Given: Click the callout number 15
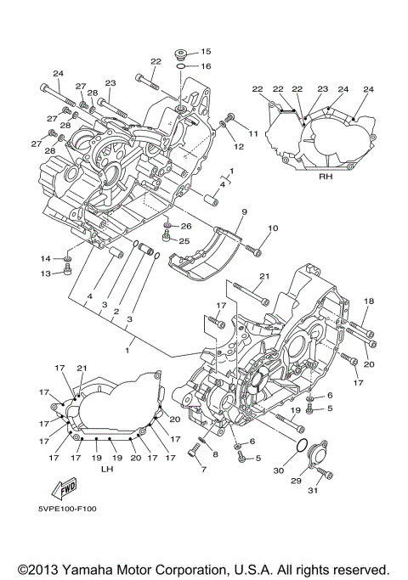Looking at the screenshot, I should (x=206, y=52).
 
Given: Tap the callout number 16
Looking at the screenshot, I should (x=206, y=66).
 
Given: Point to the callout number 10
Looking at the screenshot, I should (x=273, y=228).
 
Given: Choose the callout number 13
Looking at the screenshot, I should (x=46, y=273).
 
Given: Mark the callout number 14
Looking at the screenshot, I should (x=46, y=257).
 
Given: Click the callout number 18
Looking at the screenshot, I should (x=369, y=301).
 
